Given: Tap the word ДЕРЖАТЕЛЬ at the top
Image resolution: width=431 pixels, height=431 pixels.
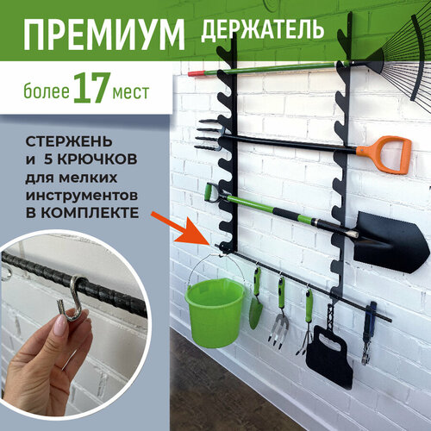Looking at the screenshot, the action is click(263, 29).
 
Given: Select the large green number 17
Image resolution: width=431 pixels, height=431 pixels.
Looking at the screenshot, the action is click(90, 88).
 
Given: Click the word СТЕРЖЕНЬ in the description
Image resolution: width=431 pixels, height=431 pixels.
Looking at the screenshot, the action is click(69, 141).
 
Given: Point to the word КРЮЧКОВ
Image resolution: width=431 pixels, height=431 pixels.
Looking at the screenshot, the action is click(97, 159).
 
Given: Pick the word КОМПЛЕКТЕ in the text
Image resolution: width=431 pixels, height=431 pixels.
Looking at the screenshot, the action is click(91, 213).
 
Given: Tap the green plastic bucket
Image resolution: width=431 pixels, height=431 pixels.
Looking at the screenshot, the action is click(215, 311).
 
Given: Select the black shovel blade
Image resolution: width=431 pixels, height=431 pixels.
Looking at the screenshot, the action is click(390, 242).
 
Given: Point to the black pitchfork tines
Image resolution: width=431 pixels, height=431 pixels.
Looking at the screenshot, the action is click(209, 135).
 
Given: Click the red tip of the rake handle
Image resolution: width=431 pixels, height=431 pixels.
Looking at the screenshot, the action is click(197, 73).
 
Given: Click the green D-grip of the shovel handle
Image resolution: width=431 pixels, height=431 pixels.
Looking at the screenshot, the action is click(212, 194).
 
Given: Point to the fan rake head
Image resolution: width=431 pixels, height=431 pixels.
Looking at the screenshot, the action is click(397, 60).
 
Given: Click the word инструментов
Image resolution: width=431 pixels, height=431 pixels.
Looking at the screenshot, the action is click(82, 196).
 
